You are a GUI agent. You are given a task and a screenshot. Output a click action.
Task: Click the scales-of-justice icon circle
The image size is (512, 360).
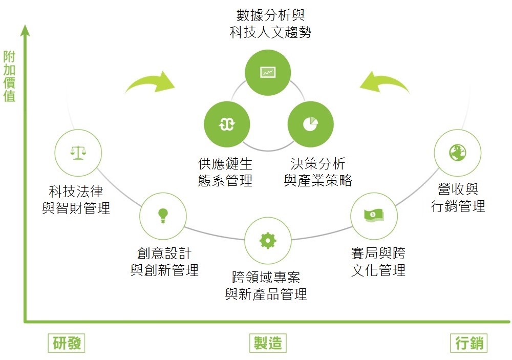pyautogui.click(x=78, y=153)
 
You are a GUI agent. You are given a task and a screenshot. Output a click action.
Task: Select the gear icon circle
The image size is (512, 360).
pyautogui.click(x=268, y=240)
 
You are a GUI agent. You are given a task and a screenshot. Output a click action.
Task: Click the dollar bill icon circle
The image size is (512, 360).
pyautogui.click(x=374, y=216)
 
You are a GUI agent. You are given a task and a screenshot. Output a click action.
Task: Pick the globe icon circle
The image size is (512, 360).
pyautogui.click(x=457, y=153)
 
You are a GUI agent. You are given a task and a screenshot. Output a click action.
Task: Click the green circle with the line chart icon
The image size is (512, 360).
pyautogui.click(x=268, y=72)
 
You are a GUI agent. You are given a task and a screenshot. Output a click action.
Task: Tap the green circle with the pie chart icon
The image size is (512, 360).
pyautogui.click(x=310, y=124)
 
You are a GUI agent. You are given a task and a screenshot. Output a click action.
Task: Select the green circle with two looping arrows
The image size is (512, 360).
pyautogui.click(x=227, y=124)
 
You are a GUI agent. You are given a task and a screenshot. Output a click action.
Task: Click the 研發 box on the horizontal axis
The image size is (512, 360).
pyautogui.click(x=67, y=343)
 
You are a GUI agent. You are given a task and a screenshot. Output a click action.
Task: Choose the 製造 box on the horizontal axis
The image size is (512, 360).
pyautogui.click(x=268, y=343)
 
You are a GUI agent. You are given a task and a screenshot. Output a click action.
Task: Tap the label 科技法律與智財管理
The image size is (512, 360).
pyautogui.click(x=76, y=200)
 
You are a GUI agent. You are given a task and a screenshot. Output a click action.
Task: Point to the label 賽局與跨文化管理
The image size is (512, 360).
pyautogui.click(x=378, y=262)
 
